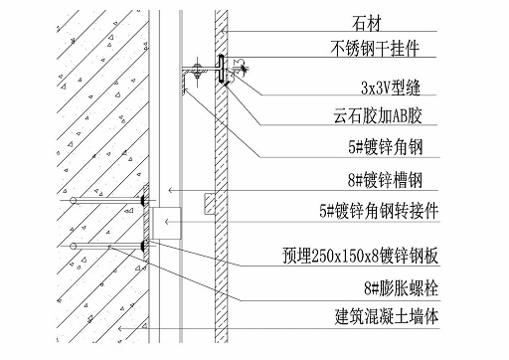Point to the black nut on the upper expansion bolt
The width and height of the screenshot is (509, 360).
pos(145,202)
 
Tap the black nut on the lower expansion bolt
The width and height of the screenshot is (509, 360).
pos(145,244)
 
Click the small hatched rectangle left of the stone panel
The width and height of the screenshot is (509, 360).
pos(209,204)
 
